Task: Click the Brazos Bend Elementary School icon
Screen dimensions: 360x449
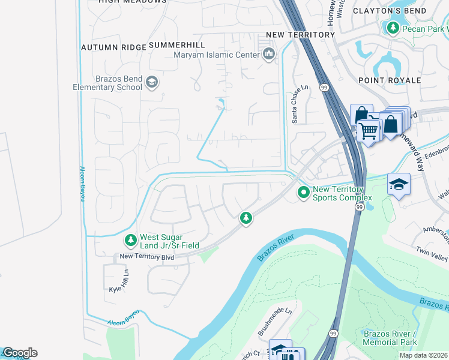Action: click(152, 82)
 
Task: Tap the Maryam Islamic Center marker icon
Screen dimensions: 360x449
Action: click(268, 55)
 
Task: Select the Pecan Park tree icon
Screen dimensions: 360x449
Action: click(393, 28)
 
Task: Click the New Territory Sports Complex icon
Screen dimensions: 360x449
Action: click(304, 193)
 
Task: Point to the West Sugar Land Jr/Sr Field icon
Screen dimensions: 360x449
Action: click(130, 241)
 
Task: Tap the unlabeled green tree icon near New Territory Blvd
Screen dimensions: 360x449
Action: click(245, 218)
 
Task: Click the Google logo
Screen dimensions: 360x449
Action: click(19, 353)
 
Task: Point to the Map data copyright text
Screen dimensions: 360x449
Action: click(424, 355)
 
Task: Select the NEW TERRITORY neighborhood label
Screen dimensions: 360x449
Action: click(300, 35)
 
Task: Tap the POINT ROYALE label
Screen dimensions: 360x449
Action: click(390, 80)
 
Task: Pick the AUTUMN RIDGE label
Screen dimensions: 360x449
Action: click(113, 47)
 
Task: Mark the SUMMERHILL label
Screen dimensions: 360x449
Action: click(176, 45)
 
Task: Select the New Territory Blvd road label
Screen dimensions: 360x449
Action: click(146, 257)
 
